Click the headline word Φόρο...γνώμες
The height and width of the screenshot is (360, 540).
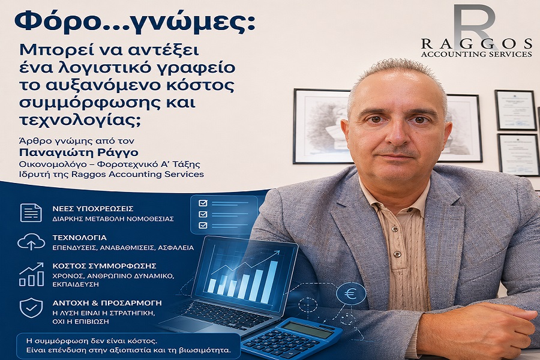[134, 22]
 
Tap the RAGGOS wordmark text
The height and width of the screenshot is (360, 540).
[476, 44]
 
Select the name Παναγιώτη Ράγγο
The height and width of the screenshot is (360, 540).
[79, 152]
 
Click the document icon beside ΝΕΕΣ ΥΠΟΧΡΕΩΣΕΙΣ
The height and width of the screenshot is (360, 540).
[31, 212]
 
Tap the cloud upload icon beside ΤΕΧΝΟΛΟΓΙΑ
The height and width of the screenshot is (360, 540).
[31, 241]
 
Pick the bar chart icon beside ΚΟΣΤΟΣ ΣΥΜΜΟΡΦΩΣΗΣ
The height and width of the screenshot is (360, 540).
[31, 274]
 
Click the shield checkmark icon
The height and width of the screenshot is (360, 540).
[31, 308]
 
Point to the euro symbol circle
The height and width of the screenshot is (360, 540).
[350, 294]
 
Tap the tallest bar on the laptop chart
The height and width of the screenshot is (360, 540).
[273, 282]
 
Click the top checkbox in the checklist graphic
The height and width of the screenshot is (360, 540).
[203, 203]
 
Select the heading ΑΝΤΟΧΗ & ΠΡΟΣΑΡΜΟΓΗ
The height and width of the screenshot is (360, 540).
[107, 303]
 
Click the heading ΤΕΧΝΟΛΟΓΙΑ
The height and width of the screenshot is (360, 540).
[80, 238]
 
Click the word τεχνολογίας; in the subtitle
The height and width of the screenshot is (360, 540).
[80, 121]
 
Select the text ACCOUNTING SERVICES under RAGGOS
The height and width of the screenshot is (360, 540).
[476, 54]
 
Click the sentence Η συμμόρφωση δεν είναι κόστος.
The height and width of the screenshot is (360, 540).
[92, 341]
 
